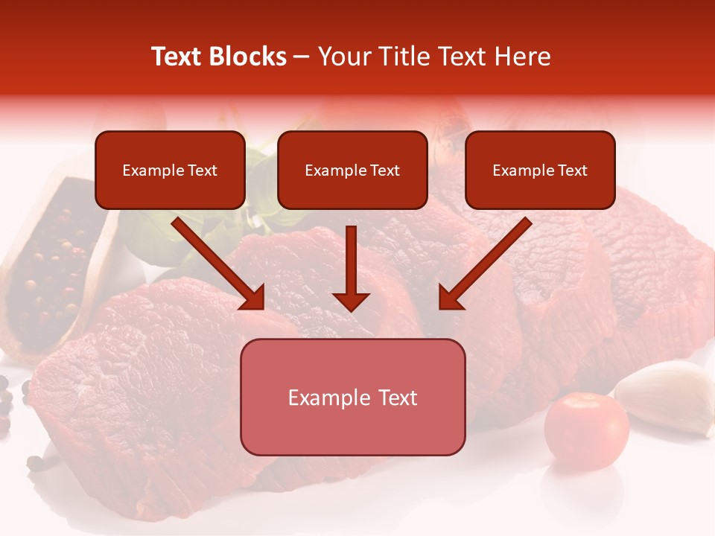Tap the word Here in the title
click(523, 57)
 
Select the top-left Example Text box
click(170, 170)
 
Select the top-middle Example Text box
click(352, 170)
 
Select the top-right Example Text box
click(540, 170)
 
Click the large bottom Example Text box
click(352, 397)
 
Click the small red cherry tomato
click(586, 431)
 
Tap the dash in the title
click(302, 57)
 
